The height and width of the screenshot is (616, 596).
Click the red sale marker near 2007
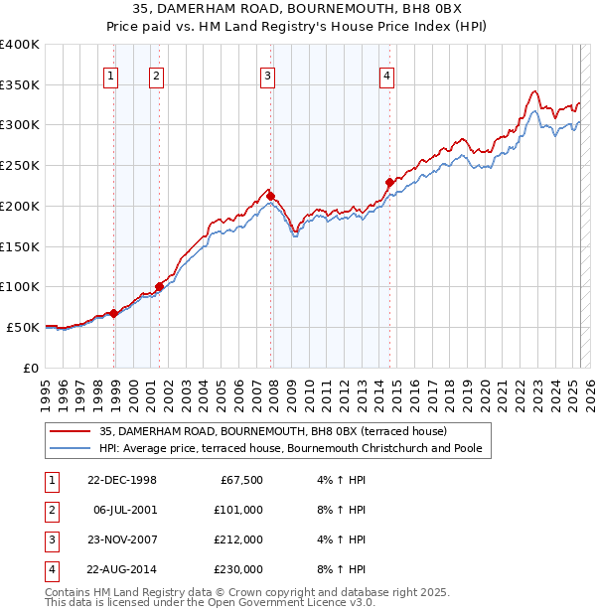270,197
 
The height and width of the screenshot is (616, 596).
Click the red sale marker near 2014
389,182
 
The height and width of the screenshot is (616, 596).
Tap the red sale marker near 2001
159,286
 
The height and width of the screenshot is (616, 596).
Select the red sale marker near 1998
114,313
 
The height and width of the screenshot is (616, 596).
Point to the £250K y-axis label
19,165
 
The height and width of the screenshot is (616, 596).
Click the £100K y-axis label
19,286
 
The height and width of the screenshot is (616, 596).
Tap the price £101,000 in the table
238,510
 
